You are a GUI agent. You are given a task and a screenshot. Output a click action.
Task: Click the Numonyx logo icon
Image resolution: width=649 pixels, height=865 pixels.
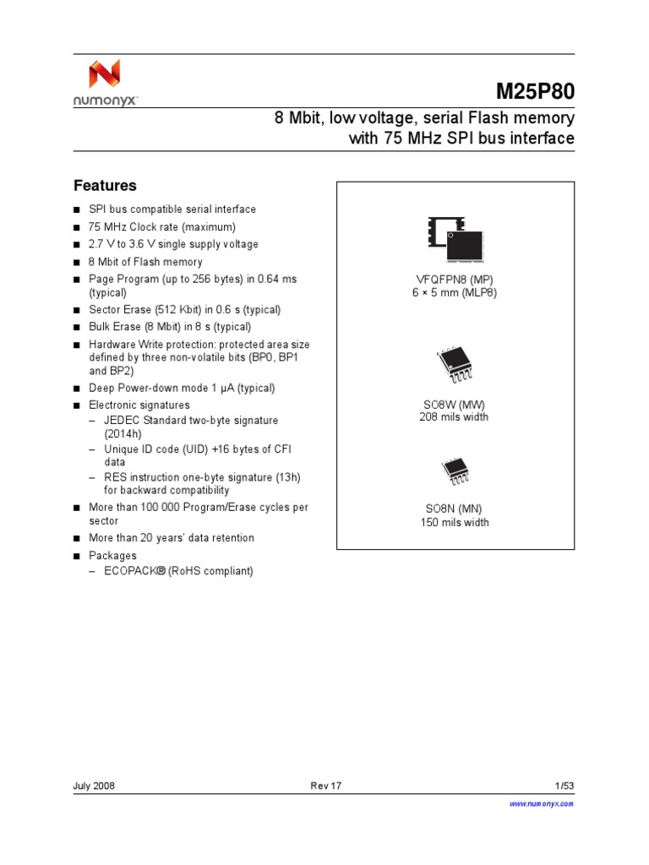[105, 75]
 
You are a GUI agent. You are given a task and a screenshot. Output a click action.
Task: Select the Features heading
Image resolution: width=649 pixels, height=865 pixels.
[105, 186]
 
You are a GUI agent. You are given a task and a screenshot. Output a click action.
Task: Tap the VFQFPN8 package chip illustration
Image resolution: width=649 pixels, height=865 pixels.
[455, 239]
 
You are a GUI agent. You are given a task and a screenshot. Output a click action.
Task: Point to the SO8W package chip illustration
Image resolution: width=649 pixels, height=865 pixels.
[455, 366]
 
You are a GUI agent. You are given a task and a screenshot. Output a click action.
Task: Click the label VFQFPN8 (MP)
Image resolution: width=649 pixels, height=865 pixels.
[454, 279]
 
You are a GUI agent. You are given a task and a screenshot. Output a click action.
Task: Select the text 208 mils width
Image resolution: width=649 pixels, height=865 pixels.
[454, 416]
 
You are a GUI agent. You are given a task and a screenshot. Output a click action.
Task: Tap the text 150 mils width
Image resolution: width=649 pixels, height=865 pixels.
[455, 522]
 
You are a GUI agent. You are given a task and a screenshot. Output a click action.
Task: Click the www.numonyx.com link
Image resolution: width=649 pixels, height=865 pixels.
[541, 804]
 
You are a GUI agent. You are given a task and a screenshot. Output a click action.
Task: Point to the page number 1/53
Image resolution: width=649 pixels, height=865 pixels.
[564, 786]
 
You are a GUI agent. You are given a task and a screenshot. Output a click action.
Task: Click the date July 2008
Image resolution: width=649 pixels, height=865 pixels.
[95, 786]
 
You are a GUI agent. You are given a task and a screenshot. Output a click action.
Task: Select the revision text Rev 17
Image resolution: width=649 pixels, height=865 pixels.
[325, 786]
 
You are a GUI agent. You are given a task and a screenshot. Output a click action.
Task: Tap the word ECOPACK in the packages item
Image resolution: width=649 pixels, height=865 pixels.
[130, 571]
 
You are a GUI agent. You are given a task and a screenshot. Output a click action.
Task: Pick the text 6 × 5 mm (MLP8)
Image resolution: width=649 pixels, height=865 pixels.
[454, 292]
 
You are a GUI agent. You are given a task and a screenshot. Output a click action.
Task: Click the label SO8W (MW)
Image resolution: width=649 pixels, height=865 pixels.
[454, 404]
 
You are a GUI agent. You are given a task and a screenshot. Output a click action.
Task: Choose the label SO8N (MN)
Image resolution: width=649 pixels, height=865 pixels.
[454, 509]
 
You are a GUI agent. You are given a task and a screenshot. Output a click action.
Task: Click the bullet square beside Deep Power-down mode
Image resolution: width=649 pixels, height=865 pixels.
[76, 389]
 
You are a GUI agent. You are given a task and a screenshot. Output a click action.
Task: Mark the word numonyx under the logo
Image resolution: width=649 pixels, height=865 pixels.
[104, 100]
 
